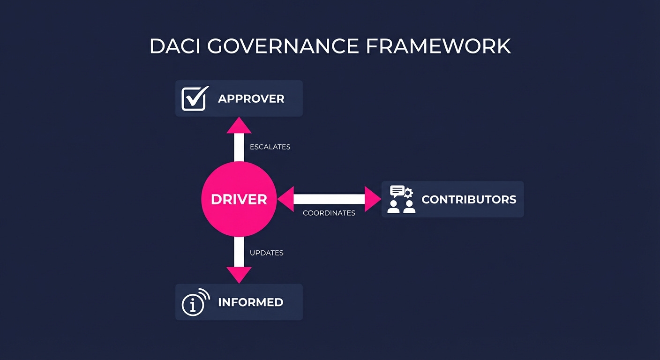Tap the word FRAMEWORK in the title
(438, 46)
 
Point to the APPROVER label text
(251, 99)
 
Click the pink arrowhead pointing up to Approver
(239, 125)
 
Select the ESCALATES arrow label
(270, 147)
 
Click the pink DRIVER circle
(239, 199)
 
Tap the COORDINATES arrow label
(329, 213)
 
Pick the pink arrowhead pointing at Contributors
(372, 199)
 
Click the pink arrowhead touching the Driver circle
(285, 199)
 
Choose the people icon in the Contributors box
(402, 199)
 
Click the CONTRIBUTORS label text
(469, 199)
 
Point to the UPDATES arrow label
(267, 253)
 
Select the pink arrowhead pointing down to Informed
(239, 275)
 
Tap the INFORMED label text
(250, 302)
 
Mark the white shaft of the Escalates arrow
(239, 147)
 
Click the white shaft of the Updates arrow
(239, 252)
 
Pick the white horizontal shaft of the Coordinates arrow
(329, 199)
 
